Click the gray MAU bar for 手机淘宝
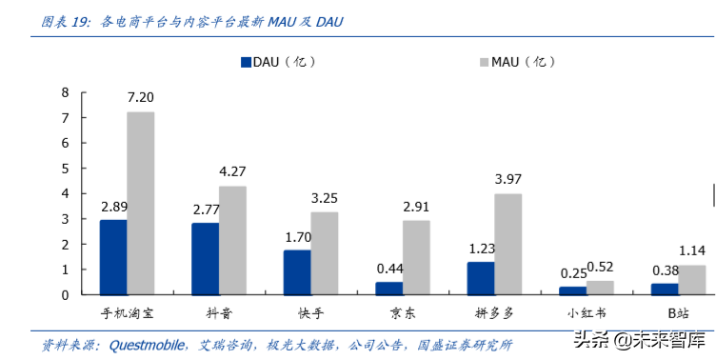pos(141,203)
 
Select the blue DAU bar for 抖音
pos(205,259)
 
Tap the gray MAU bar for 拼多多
pos(508,244)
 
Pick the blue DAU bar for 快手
pos(297,272)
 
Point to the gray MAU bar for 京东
pos(416,257)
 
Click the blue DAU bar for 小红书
pos(572,290)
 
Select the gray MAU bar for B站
pos(692,280)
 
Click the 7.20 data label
pos(141,97)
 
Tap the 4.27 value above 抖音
pos(232,172)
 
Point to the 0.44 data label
pos(388,268)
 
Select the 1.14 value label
pos(692,250)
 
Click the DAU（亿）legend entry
pos(277,62)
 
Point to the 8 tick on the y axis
pos(65,92)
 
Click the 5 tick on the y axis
pos(65,169)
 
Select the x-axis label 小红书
pos(587,312)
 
